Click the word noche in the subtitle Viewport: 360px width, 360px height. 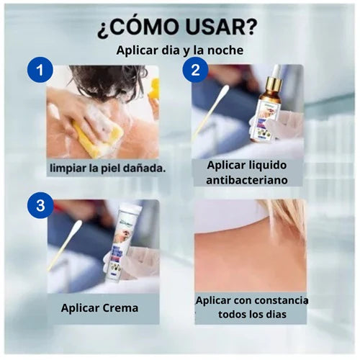point(225,50)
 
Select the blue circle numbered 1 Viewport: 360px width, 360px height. point(40,70)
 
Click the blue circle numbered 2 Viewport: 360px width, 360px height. point(195,70)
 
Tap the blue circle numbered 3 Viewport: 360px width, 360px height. point(40,205)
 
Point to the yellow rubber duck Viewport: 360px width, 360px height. point(153,90)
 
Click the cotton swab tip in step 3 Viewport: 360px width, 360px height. point(77,226)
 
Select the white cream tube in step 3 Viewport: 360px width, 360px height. point(121,243)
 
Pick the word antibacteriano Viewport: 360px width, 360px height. point(247,180)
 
